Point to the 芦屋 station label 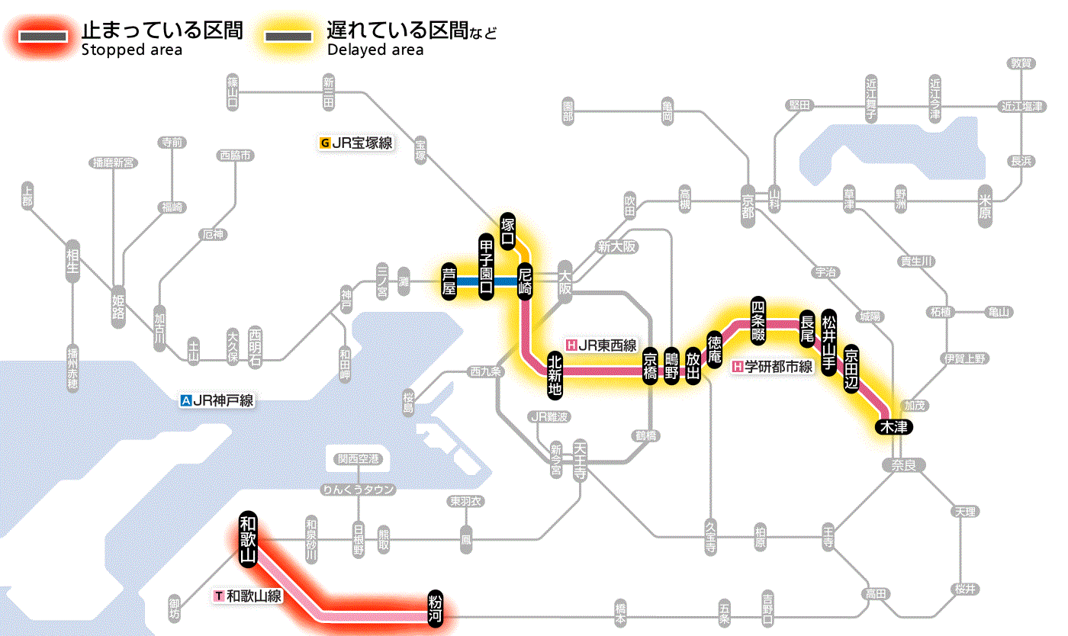click(450, 281)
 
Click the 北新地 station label click(555, 374)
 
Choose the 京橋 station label click(651, 367)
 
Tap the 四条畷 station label click(758, 318)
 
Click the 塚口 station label click(508, 231)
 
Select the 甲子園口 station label click(486, 265)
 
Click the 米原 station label click(986, 206)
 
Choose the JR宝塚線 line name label click(357, 143)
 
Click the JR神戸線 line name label click(217, 400)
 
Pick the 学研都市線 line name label click(772, 367)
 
